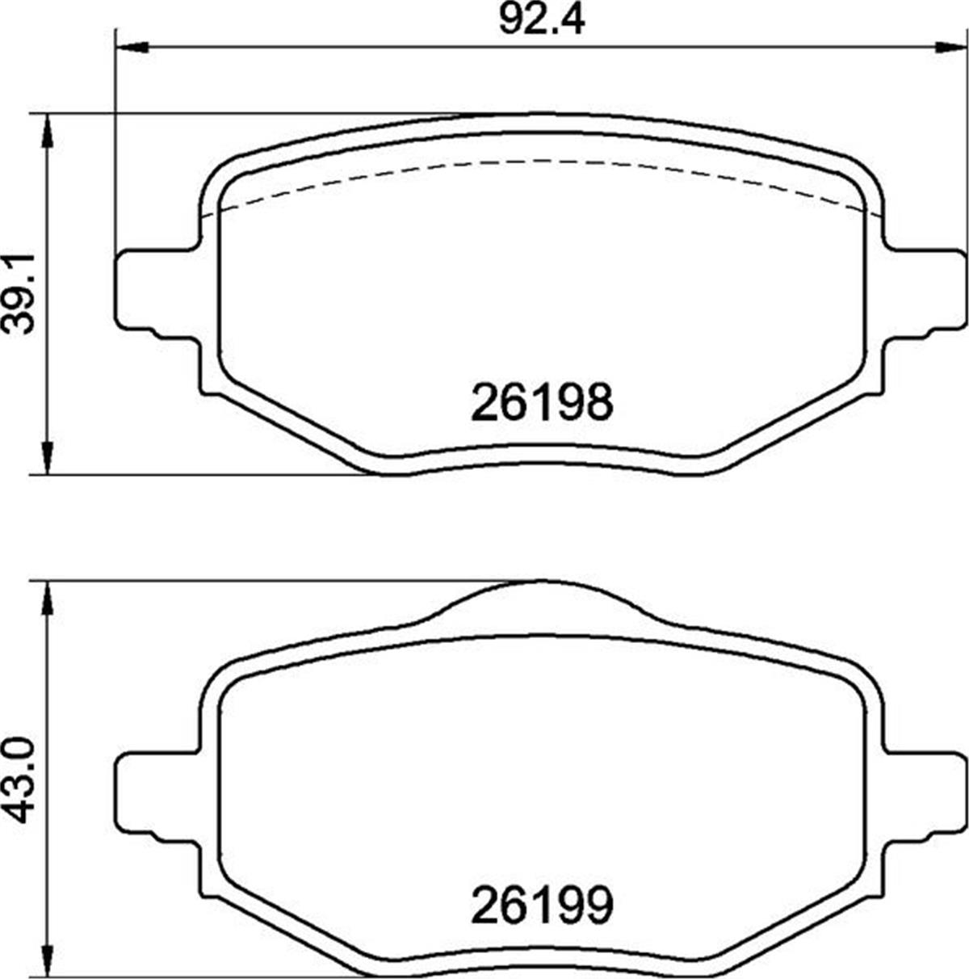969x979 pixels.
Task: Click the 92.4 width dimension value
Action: pos(540,19)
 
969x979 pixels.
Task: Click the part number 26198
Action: pos(541,401)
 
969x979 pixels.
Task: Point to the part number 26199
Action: pos(541,906)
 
